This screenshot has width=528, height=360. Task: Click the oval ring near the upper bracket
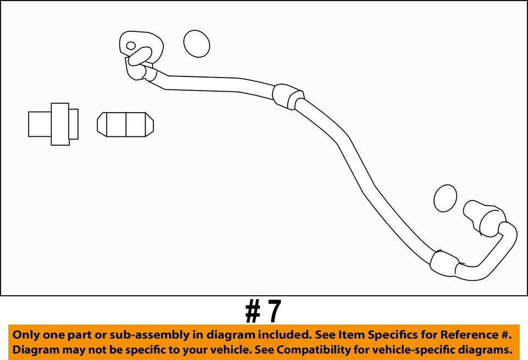pyautogui.click(x=196, y=43)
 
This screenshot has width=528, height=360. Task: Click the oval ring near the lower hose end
pyautogui.click(x=445, y=198)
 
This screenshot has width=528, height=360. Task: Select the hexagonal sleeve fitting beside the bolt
pyautogui.click(x=125, y=124)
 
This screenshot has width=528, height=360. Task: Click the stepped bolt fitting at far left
pyautogui.click(x=53, y=124)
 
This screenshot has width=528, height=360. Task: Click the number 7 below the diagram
pyautogui.click(x=273, y=312)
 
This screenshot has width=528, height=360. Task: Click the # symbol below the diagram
pyautogui.click(x=252, y=312)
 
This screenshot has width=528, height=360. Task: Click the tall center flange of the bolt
pyautogui.click(x=60, y=124)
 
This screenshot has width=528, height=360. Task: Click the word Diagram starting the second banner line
pyautogui.click(x=35, y=350)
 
